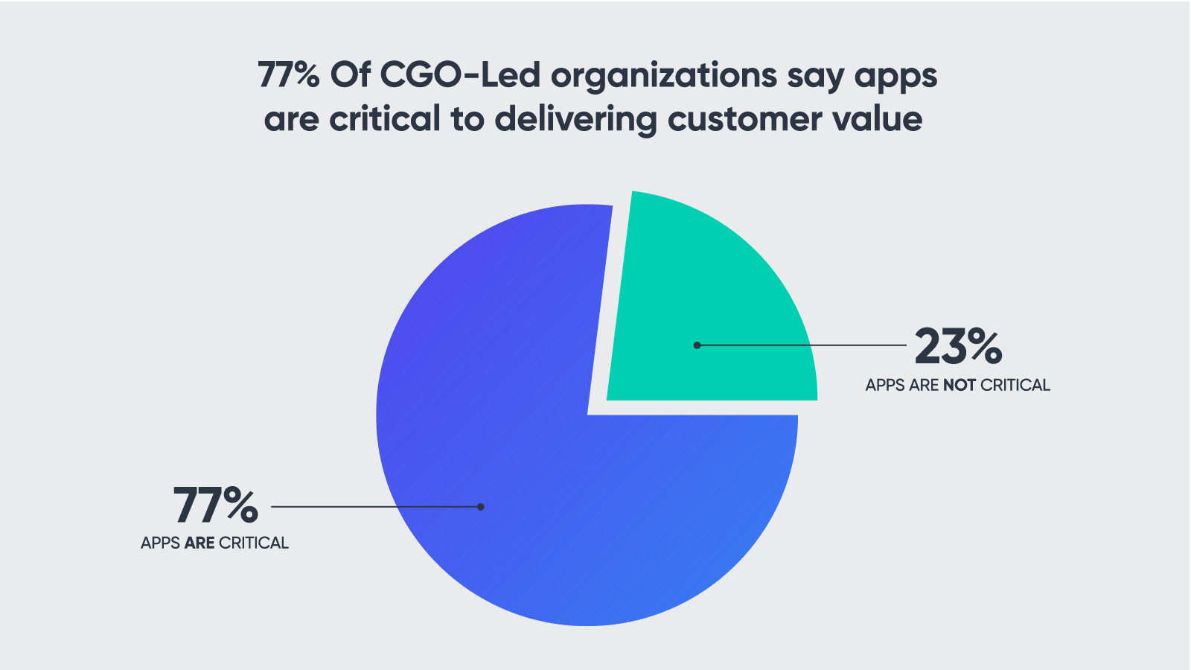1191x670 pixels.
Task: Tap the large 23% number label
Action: click(x=958, y=347)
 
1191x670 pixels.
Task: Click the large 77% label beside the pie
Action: click(x=216, y=505)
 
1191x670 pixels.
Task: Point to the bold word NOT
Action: click(x=959, y=386)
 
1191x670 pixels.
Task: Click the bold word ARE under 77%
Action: click(x=199, y=543)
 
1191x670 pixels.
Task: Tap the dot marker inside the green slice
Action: click(x=697, y=345)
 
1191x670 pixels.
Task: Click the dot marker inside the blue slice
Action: click(x=481, y=507)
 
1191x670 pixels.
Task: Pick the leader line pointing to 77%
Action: click(x=372, y=507)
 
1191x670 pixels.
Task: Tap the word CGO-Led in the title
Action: click(x=460, y=75)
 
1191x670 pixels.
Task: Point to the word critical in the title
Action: click(x=385, y=119)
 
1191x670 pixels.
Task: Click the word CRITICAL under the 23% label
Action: click(x=1015, y=386)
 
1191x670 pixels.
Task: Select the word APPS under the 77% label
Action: click(x=160, y=543)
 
